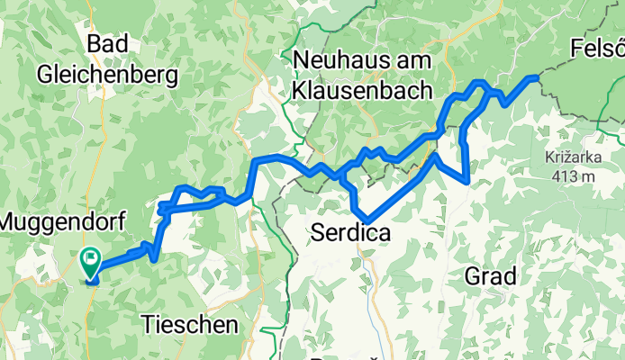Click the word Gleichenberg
click(104, 76)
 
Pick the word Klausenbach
click(362, 91)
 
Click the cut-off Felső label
click(597, 47)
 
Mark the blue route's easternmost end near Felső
click(539, 78)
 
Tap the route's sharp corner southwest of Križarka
click(467, 181)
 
